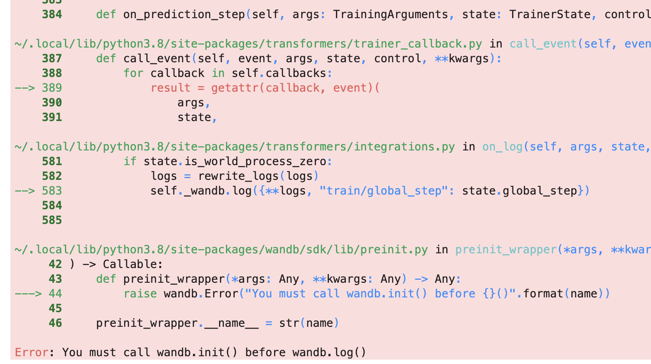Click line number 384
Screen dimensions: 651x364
pyautogui.click(x=52, y=15)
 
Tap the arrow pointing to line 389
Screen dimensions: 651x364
pyautogui.click(x=25, y=88)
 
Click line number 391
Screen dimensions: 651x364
pyautogui.click(x=52, y=118)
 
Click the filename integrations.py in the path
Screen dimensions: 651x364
pyautogui.click(x=404, y=147)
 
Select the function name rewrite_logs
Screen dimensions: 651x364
pyautogui.click(x=238, y=176)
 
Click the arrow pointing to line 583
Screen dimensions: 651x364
pyautogui.click(x=25, y=191)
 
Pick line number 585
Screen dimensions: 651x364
pyautogui.click(x=52, y=220)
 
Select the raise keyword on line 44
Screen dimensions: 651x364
pyautogui.click(x=140, y=294)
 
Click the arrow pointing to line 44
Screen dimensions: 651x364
pyautogui.click(x=28, y=294)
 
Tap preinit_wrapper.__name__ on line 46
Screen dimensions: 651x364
pyautogui.click(x=177, y=323)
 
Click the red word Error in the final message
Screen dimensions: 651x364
pyautogui.click(x=32, y=353)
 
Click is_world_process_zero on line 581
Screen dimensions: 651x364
pyautogui.click(x=255, y=162)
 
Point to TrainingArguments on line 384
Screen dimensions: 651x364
pyautogui.click(x=390, y=15)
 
